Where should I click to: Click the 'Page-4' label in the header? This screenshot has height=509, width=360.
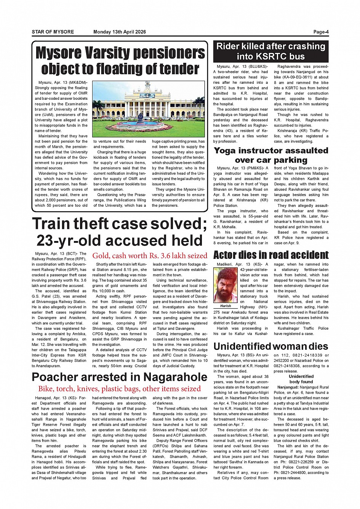pos(321,32)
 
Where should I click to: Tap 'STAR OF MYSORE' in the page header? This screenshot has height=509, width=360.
pos(53,32)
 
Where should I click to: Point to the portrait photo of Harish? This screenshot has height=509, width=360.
pos(226,285)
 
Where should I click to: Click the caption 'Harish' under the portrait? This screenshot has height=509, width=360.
pos(226,306)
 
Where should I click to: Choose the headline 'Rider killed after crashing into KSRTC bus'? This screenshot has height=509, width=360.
pos(270,51)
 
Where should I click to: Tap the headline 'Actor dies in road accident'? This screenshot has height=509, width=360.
pos(270,255)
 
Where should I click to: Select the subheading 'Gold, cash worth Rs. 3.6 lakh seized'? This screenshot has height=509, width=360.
pos(150,255)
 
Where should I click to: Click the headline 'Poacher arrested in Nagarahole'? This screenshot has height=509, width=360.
pos(119,377)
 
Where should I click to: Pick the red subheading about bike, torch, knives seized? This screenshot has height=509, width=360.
pos(119,389)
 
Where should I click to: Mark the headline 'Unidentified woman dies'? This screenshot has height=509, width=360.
pos(270,346)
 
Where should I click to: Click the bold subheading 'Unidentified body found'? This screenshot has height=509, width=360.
pos(301,379)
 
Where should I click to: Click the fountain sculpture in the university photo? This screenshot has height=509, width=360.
pos(140,117)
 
